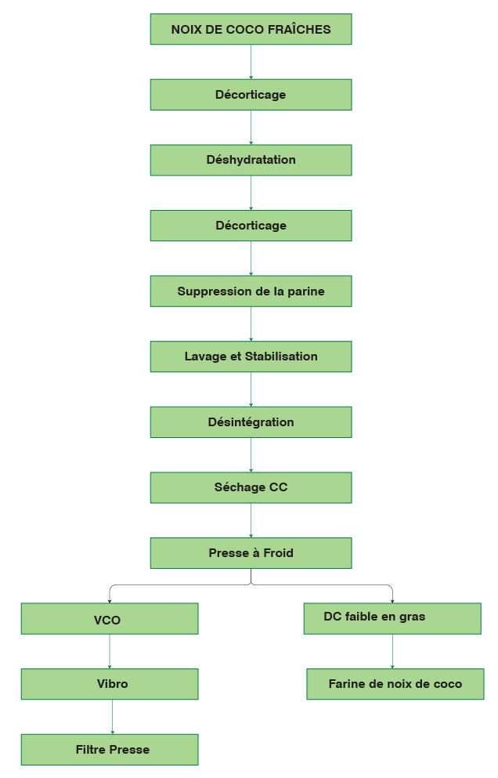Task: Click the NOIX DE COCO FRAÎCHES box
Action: click(x=251, y=30)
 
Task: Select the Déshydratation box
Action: click(x=251, y=160)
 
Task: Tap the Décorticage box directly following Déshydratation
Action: click(x=251, y=226)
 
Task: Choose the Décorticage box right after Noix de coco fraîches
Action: click(x=251, y=95)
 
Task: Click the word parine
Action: click(x=305, y=291)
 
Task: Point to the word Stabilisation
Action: click(x=281, y=356)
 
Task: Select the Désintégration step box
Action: click(x=251, y=422)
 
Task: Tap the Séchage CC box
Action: click(x=251, y=487)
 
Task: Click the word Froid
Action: click(x=278, y=553)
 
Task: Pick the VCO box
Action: click(x=110, y=619)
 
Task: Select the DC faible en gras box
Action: click(x=392, y=618)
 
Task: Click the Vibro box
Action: click(x=110, y=684)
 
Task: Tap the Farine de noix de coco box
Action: click(x=395, y=684)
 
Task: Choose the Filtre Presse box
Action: click(x=110, y=750)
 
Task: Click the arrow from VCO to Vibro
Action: click(x=110, y=651)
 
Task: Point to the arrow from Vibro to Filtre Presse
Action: click(x=112, y=717)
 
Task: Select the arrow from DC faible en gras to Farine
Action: click(x=392, y=651)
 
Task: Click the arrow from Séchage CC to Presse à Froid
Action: click(x=251, y=520)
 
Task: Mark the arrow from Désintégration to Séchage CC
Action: click(x=251, y=454)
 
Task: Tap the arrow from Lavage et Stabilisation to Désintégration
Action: click(x=251, y=389)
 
